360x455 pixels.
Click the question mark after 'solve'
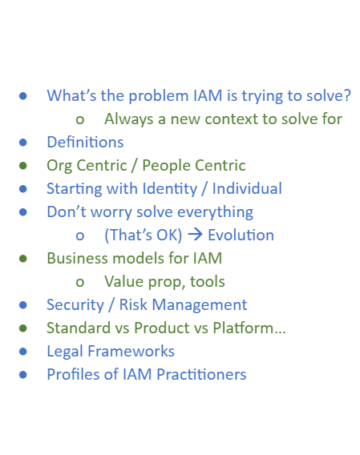pos(347,95)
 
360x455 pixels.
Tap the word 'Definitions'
pos(85,143)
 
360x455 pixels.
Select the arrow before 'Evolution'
pos(195,235)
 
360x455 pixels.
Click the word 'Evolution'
pos(241,235)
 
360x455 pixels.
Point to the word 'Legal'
pos(65,352)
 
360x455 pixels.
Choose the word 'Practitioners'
pos(201,374)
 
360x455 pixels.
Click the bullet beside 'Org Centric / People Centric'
pos(23,166)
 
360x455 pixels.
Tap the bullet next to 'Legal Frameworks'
pos(23,352)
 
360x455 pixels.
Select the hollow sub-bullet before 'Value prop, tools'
pos(80,282)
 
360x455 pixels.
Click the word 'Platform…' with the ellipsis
pos(249,328)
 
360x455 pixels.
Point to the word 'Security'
pos(75,305)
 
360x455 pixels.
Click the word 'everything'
pos(215,212)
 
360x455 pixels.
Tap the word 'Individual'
pos(247,188)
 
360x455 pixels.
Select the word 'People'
pos(167,166)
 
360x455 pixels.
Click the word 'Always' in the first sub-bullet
pos(129,119)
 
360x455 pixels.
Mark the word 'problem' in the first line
pos(159,96)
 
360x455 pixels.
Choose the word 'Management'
pos(200,305)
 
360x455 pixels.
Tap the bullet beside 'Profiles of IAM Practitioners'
pos(23,375)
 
